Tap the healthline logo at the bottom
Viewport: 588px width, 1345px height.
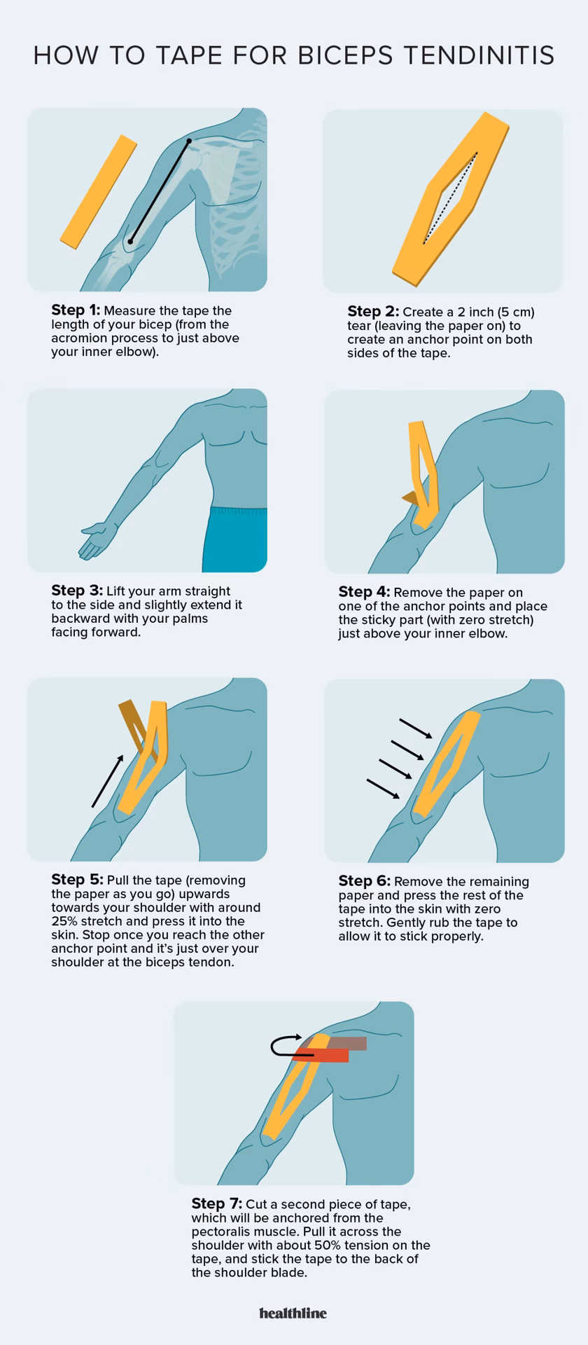click(293, 1313)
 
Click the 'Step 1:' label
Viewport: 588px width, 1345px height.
click(76, 310)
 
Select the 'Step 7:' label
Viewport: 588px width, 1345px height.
click(216, 1203)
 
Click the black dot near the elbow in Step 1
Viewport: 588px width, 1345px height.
click(129, 242)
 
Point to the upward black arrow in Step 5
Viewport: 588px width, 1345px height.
click(108, 780)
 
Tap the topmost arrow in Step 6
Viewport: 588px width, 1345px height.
click(416, 728)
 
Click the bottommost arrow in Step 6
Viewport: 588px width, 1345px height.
click(383, 789)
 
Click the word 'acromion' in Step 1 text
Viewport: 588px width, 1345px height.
click(78, 338)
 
